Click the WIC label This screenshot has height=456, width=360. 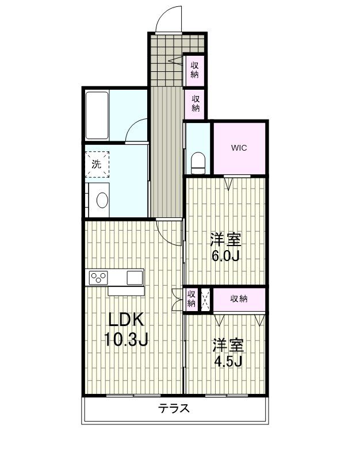click(x=239, y=148)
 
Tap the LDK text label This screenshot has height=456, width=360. click(x=123, y=320)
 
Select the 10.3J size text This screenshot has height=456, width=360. click(x=126, y=340)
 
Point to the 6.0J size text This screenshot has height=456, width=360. click(x=225, y=255)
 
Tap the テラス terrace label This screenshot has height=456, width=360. click(x=174, y=409)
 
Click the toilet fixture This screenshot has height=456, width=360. click(x=198, y=163)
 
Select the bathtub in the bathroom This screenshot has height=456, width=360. click(x=97, y=115)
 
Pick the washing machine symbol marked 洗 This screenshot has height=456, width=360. click(x=97, y=163)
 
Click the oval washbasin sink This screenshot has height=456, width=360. click(x=102, y=200)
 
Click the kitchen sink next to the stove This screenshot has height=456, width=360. click(x=135, y=278)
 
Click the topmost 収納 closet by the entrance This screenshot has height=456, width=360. click(x=195, y=69)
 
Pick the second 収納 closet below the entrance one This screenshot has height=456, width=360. click(x=196, y=104)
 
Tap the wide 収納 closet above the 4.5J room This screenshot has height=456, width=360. click(x=239, y=298)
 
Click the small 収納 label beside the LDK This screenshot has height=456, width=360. click(x=191, y=299)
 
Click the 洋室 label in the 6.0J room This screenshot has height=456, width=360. click(x=225, y=239)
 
